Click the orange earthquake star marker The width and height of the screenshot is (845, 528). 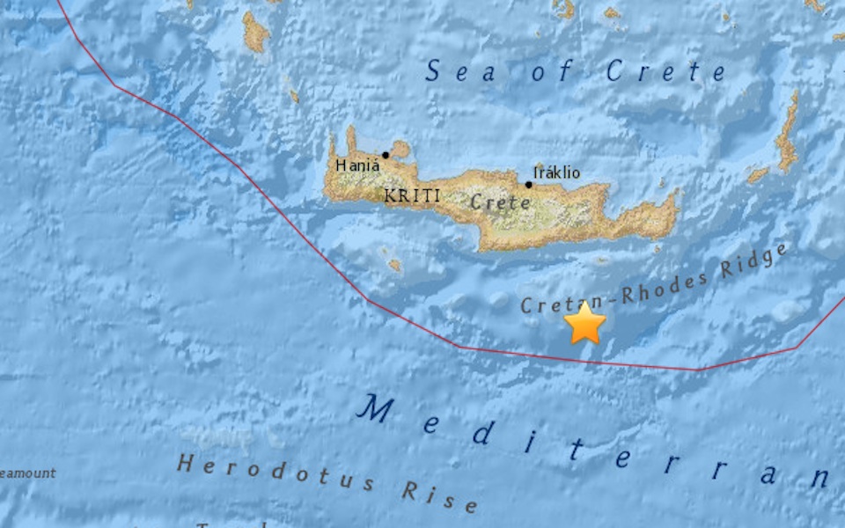584,323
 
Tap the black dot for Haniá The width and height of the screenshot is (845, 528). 386,155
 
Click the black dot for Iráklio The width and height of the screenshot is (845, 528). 528,185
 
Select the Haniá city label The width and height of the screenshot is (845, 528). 357,165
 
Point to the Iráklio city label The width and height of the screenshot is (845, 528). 557,172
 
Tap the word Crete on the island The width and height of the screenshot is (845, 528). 500,202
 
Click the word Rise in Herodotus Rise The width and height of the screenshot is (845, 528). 440,496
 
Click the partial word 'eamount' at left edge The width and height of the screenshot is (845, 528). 28,473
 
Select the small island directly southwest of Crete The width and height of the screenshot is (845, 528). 394,263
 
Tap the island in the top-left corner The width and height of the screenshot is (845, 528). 255,33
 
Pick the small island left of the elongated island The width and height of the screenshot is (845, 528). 758,175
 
